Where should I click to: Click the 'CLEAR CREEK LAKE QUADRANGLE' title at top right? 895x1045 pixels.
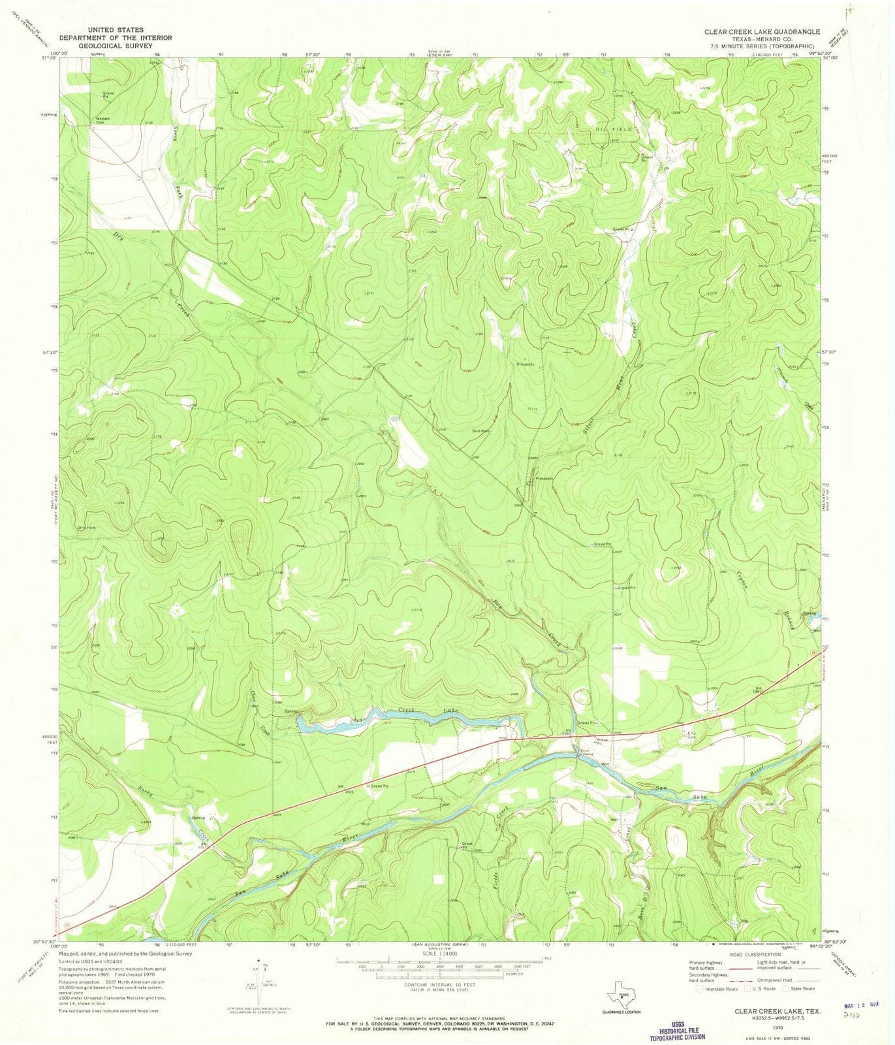[757, 31]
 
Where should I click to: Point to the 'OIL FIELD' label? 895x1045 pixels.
[612, 129]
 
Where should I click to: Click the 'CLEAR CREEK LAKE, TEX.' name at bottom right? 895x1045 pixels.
[767, 1010]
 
